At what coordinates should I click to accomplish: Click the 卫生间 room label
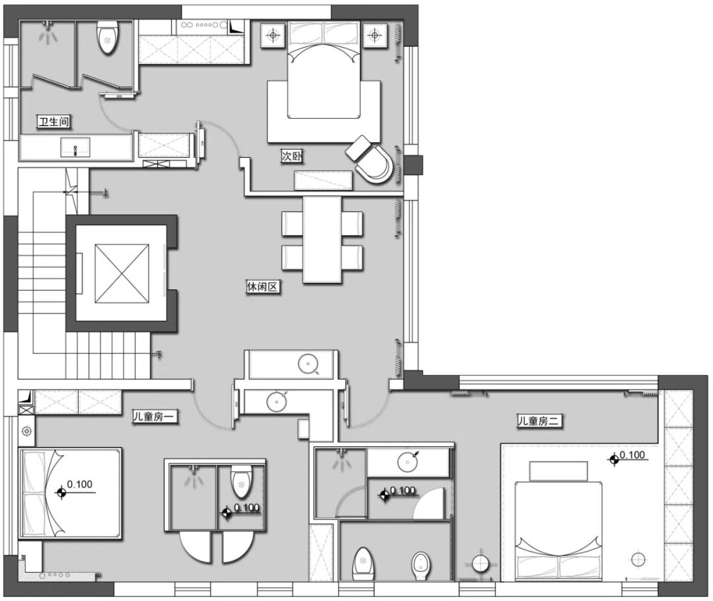(53, 122)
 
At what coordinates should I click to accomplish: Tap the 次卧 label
(292, 157)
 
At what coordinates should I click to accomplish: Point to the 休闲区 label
(262, 287)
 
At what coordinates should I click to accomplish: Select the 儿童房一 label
(154, 416)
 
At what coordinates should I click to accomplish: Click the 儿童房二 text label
(539, 421)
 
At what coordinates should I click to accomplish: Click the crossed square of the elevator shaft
(122, 273)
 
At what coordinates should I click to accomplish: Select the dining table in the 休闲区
(322, 239)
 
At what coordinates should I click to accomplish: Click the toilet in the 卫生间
(108, 38)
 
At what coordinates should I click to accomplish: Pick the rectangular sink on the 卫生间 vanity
(75, 147)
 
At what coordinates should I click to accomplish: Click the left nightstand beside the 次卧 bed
(273, 34)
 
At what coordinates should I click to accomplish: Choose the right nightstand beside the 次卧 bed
(374, 34)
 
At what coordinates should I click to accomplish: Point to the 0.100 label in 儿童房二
(632, 455)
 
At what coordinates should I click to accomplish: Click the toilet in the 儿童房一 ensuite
(240, 482)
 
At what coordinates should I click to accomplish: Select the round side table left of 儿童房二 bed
(481, 564)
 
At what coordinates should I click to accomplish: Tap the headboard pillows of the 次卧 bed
(323, 33)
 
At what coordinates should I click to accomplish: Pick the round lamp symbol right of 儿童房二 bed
(638, 559)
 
